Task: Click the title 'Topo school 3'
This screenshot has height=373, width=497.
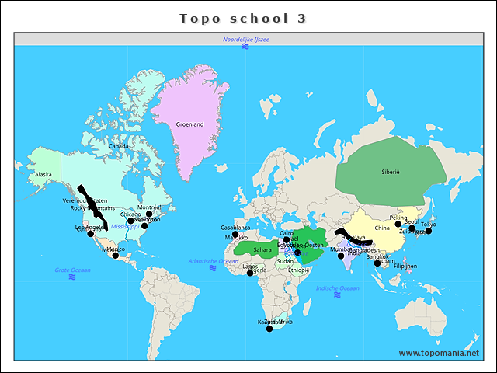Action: (x=243, y=18)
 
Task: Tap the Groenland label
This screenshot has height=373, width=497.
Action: (x=189, y=124)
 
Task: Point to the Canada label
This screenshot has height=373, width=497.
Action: (x=119, y=146)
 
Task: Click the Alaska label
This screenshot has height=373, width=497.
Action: (x=43, y=175)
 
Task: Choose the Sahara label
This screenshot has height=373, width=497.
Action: (x=262, y=249)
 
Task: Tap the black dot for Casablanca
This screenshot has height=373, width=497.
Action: (x=235, y=234)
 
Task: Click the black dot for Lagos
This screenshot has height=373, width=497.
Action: (x=250, y=273)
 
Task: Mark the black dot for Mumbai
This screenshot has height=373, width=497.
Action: (x=341, y=256)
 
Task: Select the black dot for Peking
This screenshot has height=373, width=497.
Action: (x=398, y=224)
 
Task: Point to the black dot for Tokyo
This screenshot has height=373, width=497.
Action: (x=428, y=231)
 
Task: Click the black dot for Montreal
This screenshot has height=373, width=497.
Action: (x=149, y=214)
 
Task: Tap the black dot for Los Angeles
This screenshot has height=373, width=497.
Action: (x=90, y=234)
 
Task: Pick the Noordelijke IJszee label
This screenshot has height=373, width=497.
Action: (x=245, y=39)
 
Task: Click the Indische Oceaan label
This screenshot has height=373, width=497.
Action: (x=337, y=288)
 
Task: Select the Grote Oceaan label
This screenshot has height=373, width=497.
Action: (x=72, y=270)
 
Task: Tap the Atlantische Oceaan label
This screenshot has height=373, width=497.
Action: (x=213, y=261)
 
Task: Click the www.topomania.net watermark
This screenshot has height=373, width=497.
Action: (x=438, y=354)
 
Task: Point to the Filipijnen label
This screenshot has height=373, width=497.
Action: (x=405, y=266)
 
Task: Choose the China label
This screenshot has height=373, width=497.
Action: (x=382, y=228)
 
